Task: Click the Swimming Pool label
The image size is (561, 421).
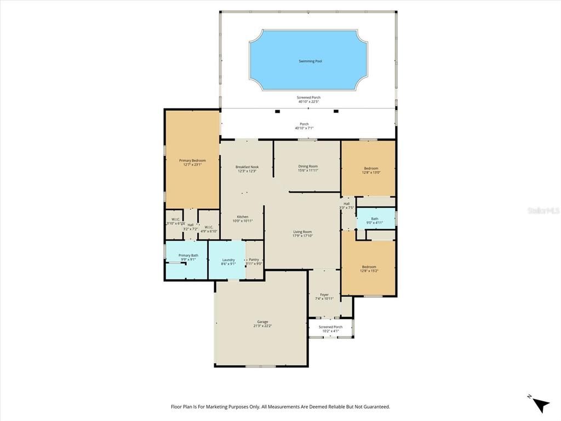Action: click(310, 61)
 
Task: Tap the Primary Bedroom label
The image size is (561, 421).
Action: click(192, 161)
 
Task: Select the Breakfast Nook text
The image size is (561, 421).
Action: click(247, 167)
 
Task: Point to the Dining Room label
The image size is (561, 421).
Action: click(308, 166)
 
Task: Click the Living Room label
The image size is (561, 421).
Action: click(302, 232)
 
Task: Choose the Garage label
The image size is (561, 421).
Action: click(262, 322)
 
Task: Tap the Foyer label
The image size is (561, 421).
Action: click(324, 294)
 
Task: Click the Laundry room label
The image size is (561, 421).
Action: click(228, 260)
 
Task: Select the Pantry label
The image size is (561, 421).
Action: click(254, 260)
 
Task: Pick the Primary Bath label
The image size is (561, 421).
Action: click(188, 255)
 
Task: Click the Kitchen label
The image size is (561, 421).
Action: click(243, 217)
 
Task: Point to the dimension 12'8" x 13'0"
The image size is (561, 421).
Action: click(371, 172)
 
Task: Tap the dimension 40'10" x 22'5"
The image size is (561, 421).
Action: click(309, 101)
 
